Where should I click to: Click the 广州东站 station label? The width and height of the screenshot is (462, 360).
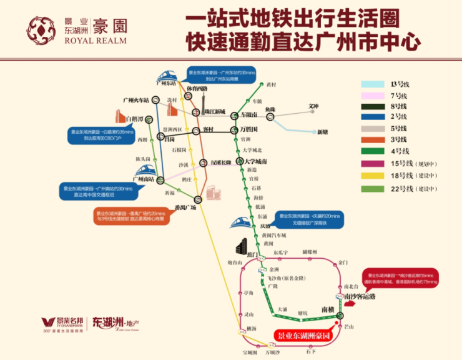(166, 83)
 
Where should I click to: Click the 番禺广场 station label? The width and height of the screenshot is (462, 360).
(185, 207)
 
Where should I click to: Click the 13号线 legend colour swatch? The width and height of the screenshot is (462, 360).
(373, 84)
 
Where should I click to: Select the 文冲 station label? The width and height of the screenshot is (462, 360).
(314, 106)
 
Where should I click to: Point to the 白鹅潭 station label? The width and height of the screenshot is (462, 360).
(134, 118)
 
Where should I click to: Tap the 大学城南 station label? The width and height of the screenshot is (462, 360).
(257, 162)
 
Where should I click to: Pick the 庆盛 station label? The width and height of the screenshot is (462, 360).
(265, 226)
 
